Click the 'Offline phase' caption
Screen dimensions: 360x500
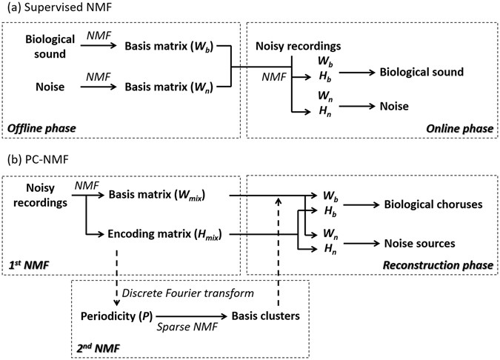pyautogui.click(x=41, y=128)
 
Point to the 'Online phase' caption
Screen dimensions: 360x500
pyautogui.click(x=460, y=128)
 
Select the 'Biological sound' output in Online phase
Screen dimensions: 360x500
pyautogui.click(x=421, y=72)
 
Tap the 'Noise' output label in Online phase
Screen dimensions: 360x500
pyautogui.click(x=396, y=106)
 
